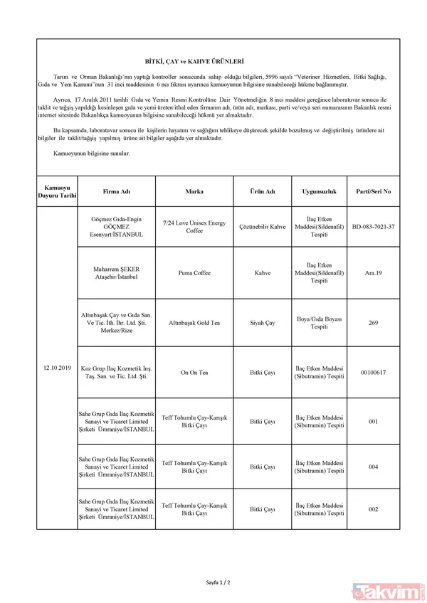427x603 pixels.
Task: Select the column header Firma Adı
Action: [x=116, y=191]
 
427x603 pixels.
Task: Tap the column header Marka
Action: [x=194, y=191]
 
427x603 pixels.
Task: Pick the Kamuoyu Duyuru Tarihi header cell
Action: [x=57, y=191]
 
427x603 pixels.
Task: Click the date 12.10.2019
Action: [x=57, y=368]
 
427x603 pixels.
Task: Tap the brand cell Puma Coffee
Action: [x=194, y=272]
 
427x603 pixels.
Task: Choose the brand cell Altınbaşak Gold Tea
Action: [x=194, y=322]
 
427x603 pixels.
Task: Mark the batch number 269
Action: [x=373, y=322]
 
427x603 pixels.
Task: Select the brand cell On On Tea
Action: [x=194, y=373]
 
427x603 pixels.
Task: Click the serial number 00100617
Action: [x=373, y=373]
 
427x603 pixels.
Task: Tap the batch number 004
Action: [x=373, y=466]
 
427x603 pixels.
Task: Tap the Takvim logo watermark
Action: [x=391, y=588]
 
